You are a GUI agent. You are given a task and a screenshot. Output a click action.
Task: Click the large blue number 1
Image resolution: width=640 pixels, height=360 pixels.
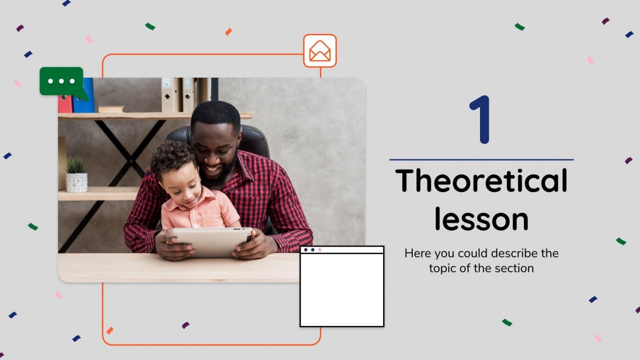pyautogui.click(x=480, y=120)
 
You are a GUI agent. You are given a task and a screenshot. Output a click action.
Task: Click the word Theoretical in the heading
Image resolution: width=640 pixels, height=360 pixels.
pyautogui.click(x=481, y=181)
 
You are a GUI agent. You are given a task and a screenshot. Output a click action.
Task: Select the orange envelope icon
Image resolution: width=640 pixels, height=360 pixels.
pyautogui.click(x=320, y=51)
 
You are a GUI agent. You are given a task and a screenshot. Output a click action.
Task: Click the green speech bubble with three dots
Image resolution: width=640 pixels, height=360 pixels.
pyautogui.click(x=62, y=81)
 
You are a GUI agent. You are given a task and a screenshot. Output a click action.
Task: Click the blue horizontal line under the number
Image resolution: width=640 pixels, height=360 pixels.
pyautogui.click(x=481, y=159)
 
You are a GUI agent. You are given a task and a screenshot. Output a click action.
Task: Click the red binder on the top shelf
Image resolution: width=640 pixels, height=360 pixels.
pyautogui.click(x=65, y=103)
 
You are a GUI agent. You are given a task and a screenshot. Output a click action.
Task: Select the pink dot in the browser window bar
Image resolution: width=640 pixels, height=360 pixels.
pyautogui.click(x=320, y=250)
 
